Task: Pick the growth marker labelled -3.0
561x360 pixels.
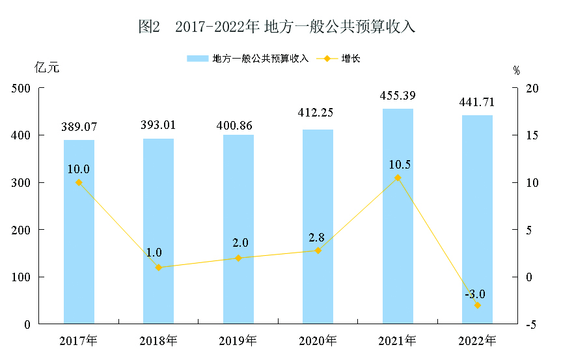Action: (x=477, y=305)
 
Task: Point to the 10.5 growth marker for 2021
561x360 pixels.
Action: (x=398, y=178)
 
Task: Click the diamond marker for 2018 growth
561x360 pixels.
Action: (x=159, y=268)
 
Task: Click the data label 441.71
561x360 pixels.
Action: (x=477, y=102)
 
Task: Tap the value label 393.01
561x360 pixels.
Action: (x=158, y=125)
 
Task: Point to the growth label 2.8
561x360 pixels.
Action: (x=317, y=238)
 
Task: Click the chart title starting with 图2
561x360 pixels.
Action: (x=277, y=27)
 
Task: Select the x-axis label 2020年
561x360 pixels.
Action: (x=318, y=340)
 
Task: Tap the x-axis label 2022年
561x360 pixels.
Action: (x=477, y=340)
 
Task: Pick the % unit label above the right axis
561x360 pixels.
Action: (x=516, y=71)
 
